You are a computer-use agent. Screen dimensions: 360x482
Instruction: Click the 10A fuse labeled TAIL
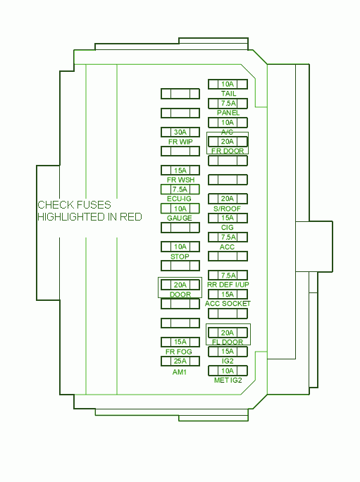pos(228,85)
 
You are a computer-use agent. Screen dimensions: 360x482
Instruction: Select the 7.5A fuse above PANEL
pos(228,104)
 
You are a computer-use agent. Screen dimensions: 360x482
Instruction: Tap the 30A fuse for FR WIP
pos(180,132)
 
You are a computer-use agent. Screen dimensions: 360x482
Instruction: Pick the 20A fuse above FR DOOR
pos(228,142)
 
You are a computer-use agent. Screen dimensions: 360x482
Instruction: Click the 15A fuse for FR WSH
pos(180,171)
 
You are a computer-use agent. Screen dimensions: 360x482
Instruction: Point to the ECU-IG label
pos(179,199)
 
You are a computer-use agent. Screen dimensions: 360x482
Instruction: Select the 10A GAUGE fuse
pos(180,209)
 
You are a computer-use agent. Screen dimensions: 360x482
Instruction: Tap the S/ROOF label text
pos(227,209)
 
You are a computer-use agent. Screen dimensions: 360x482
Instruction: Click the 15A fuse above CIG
pos(228,218)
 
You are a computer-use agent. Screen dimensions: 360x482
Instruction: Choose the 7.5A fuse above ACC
pos(228,237)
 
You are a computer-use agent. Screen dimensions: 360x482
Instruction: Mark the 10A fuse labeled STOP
pos(180,247)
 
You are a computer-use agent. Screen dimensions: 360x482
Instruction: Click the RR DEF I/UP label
pos(228,285)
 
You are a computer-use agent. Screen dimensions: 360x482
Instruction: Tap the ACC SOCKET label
pos(228,304)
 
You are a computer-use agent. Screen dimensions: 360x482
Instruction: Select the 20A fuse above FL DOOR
pos(228,333)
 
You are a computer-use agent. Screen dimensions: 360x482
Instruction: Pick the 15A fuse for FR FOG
pos(180,342)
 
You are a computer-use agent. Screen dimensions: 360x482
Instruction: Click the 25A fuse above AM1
pos(180,361)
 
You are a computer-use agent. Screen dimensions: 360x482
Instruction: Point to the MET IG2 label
pos(228,381)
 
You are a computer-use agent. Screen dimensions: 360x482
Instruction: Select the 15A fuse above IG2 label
pos(228,352)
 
